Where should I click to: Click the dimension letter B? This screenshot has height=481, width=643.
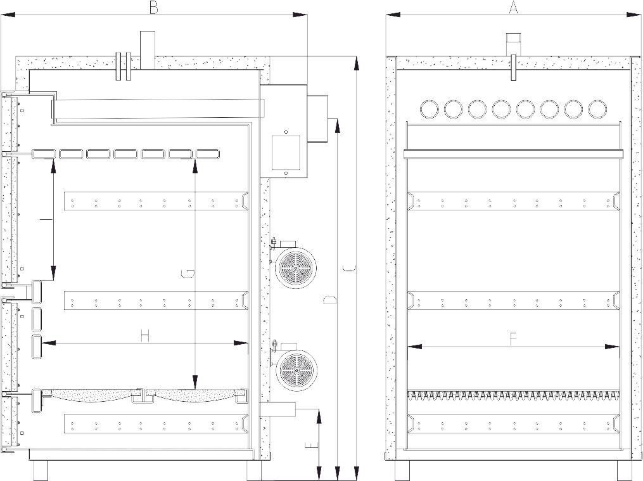(x=153, y=8)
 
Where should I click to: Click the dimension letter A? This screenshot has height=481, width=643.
(x=513, y=8)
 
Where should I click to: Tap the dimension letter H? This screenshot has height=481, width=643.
(x=144, y=337)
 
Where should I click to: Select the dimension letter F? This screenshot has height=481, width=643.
(x=512, y=339)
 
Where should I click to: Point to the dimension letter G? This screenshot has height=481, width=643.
(x=188, y=274)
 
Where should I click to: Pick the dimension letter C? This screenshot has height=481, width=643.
(x=349, y=269)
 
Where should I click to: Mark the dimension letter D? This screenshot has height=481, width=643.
(x=330, y=300)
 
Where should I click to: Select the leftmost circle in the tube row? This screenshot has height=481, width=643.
(x=430, y=108)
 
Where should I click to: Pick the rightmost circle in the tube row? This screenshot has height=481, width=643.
(x=597, y=108)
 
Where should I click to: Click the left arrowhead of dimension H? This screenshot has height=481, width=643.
(x=49, y=343)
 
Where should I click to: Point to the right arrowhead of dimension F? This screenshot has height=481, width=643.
(x=612, y=347)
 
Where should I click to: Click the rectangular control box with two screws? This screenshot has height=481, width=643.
(x=286, y=152)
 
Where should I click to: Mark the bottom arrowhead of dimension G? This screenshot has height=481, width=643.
(x=195, y=382)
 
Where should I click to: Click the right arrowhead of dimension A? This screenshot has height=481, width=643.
(x=634, y=15)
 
